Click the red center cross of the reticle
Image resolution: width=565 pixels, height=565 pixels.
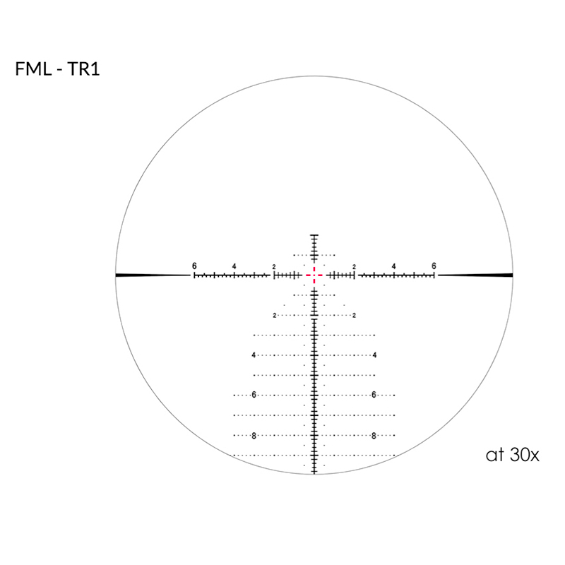point(314,275)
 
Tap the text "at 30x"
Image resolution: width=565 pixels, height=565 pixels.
point(512,454)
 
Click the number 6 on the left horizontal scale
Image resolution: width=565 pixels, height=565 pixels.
point(194,266)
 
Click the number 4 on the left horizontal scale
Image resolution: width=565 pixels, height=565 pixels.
point(234,266)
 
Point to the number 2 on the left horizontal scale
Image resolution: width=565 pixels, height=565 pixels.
point(274,266)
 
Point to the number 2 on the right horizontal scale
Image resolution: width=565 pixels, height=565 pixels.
point(353,266)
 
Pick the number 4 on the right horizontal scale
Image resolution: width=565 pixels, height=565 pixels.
point(393,266)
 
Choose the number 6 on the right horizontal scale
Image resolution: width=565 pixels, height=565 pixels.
point(434,266)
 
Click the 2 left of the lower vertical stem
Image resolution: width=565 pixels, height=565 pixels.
point(274,315)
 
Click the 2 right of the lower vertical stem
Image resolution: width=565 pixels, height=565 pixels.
point(353,315)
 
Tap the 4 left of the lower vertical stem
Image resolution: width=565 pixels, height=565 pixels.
point(253,355)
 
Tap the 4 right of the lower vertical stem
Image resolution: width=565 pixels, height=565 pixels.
point(374,355)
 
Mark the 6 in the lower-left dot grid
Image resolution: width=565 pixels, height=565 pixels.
point(253,395)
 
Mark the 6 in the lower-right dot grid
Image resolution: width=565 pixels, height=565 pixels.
point(373,395)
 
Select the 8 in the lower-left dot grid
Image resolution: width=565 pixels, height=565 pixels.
point(253,435)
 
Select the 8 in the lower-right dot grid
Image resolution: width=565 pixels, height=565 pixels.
point(373,435)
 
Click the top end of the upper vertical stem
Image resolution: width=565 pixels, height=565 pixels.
point(314,234)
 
